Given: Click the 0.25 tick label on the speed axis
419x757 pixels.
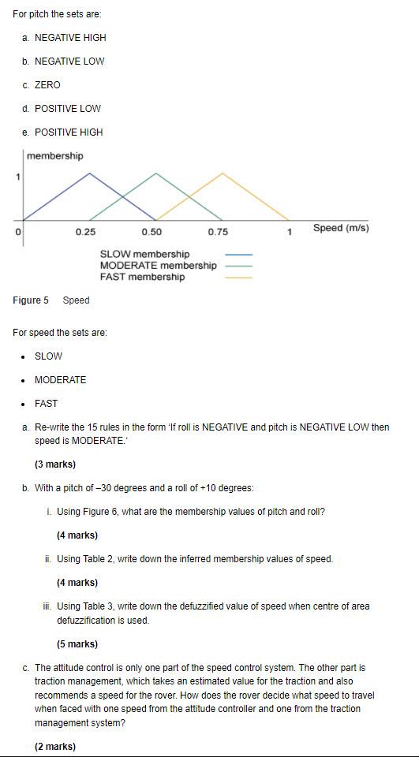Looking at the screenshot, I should pos(85,231).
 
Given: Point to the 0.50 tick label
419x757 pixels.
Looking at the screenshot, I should pos(152,231).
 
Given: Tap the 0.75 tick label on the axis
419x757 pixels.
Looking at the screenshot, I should pos(218,231).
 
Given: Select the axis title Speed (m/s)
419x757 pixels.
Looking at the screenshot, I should pos(341,228).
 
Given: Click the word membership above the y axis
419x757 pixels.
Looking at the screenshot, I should pos(54,156).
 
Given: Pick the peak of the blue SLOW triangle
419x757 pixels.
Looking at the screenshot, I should pos(89,173).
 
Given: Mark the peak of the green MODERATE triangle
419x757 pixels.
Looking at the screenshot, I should pos(156,173).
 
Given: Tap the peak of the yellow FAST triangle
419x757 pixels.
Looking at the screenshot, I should pos(223,173).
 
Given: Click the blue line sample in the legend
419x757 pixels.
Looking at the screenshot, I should pos(239,255).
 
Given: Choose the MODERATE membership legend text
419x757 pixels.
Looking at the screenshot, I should pos(158,266).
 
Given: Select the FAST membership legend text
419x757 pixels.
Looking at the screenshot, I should pos(142,277).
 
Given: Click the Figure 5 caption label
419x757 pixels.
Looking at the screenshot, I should pos(31,300).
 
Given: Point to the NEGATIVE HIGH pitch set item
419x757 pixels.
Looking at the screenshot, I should pos(70,38).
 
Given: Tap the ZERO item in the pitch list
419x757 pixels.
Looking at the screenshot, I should pos(47,85).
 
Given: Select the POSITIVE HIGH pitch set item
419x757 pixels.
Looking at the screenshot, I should pos(69,132).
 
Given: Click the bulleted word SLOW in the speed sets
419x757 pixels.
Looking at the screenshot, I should pos(48,356).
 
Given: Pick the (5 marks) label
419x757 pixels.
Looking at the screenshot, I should pos(77,644).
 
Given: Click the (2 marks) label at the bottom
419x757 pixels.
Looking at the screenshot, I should pos(55,747).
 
